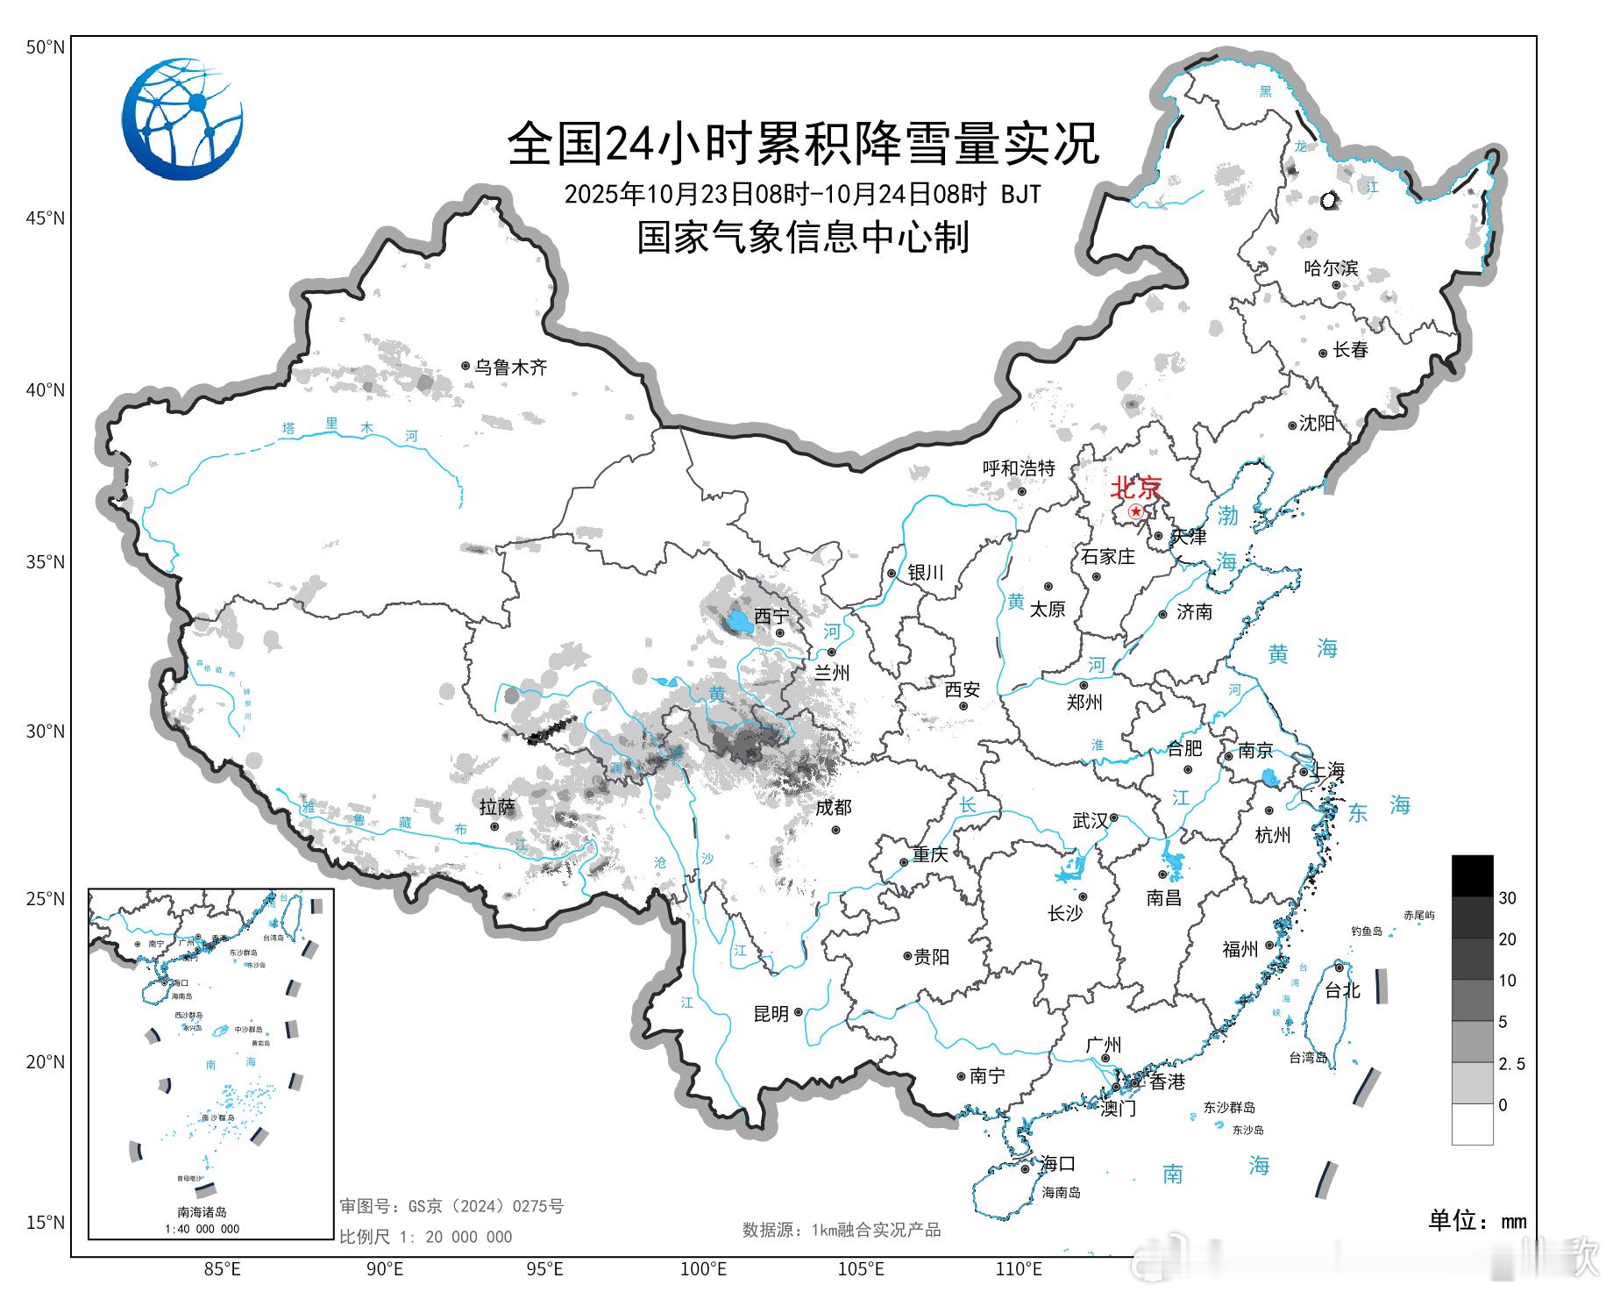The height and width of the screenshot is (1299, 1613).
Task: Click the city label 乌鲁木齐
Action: point(510,368)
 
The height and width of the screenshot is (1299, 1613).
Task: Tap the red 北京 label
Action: point(1135,488)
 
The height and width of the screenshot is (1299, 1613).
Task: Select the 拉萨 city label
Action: point(497,807)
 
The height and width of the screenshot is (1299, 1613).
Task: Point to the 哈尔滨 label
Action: point(1330,268)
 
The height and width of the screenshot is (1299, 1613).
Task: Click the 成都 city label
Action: point(833,808)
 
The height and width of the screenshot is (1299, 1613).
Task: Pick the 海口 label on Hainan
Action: point(1057,1164)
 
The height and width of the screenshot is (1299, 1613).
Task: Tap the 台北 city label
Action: point(1342,990)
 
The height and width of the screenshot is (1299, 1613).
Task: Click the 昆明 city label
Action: point(771,1014)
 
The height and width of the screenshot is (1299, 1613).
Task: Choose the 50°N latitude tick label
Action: point(45,47)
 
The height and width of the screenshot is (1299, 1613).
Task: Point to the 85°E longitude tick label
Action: point(223,1268)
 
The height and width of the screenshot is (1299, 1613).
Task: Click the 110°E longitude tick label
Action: point(1019,1268)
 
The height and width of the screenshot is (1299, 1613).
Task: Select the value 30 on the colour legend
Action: point(1507,898)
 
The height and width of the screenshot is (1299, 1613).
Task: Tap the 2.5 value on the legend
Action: point(1511,1064)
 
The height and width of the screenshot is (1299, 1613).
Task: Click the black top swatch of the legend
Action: point(1472,875)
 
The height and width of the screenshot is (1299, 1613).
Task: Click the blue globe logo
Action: point(182,119)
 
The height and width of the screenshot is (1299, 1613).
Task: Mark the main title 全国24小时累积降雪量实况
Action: point(802,143)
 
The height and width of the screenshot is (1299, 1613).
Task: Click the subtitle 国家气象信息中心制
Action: point(802,238)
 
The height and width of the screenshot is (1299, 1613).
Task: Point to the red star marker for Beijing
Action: point(1136,511)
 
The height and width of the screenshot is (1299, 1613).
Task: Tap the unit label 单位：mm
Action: point(1477,1221)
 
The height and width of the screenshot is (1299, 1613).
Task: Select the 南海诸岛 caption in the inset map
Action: point(203,1212)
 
